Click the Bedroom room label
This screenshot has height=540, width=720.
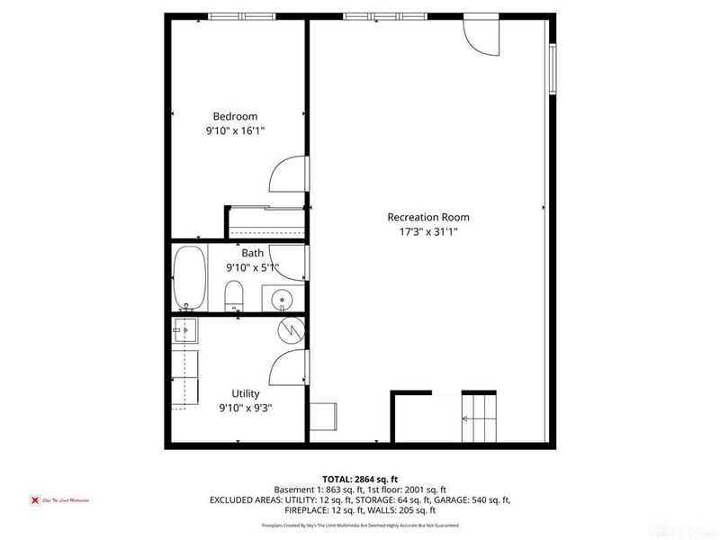pyautogui.click(x=235, y=116)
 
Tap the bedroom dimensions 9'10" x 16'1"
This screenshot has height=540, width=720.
pyautogui.click(x=235, y=130)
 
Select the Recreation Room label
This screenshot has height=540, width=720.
pyautogui.click(x=427, y=217)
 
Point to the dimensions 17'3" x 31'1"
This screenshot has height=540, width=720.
pyautogui.click(x=427, y=231)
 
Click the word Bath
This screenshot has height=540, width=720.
pyautogui.click(x=252, y=253)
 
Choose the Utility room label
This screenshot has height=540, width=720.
pyautogui.click(x=246, y=393)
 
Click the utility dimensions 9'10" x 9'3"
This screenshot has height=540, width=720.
pyautogui.click(x=246, y=408)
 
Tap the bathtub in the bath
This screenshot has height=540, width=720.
pyautogui.click(x=189, y=278)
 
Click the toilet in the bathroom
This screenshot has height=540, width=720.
pyautogui.click(x=234, y=294)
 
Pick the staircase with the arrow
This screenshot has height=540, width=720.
pyautogui.click(x=478, y=417)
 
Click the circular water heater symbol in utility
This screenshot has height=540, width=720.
pyautogui.click(x=291, y=330)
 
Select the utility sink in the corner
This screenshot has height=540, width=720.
pyautogui.click(x=184, y=330)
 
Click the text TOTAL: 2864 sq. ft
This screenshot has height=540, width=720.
pyautogui.click(x=359, y=479)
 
